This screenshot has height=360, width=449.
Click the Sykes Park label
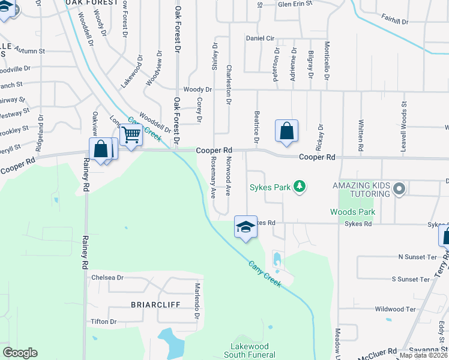click(x=270, y=188)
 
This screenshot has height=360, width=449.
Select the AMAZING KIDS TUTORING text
click(x=361, y=189)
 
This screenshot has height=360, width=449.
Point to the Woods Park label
click(x=352, y=212)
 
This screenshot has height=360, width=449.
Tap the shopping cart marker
click(x=131, y=134)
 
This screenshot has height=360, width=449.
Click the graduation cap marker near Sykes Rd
click(x=245, y=227)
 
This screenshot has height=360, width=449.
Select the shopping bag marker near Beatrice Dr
click(x=286, y=130)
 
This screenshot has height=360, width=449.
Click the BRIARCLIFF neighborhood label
click(x=155, y=304)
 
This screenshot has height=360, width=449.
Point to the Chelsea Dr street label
click(x=107, y=278)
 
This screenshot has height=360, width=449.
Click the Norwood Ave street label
click(x=229, y=176)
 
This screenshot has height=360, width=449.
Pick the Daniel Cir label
click(x=260, y=38)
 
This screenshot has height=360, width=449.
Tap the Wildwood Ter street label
click(x=395, y=310)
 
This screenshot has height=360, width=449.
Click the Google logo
click(x=20, y=353)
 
